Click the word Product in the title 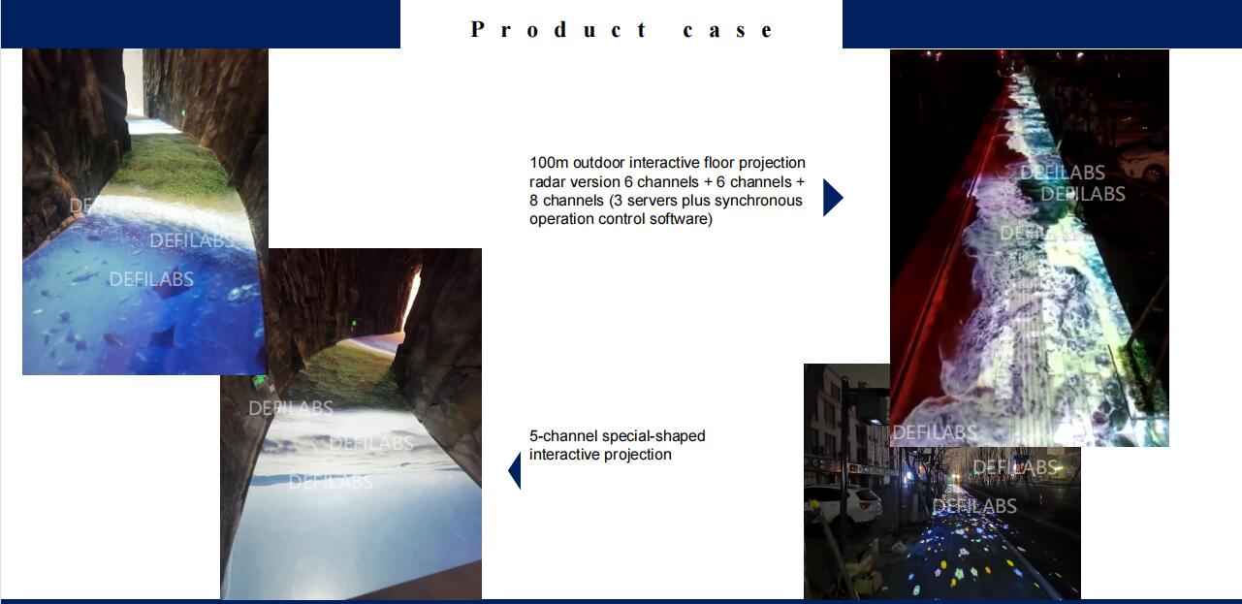click(558, 29)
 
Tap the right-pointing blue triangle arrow click(833, 198)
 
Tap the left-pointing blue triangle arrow click(515, 470)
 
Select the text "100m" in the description click(549, 163)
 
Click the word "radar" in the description click(548, 182)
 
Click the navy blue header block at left click(200, 24)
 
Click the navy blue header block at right click(1042, 24)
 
